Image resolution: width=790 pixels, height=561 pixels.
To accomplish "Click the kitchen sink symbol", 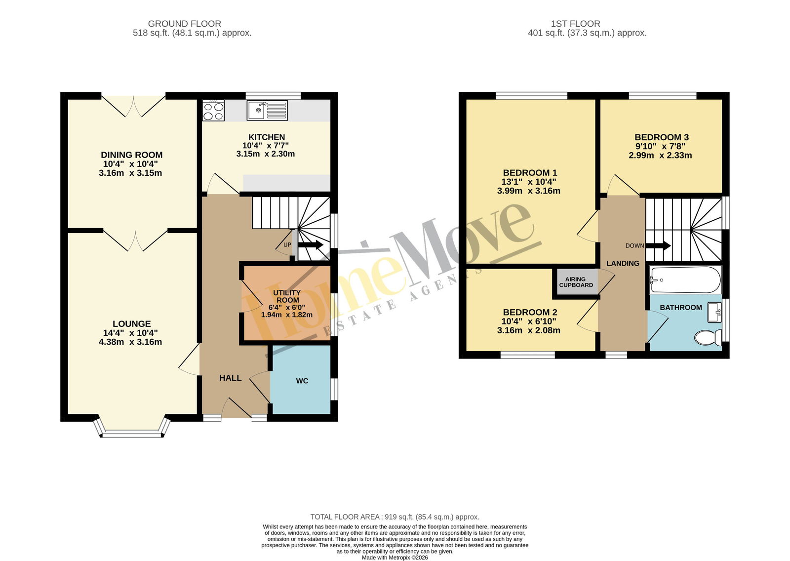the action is tap(267, 111).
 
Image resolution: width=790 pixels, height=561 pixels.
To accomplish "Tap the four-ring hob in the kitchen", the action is tap(213, 111).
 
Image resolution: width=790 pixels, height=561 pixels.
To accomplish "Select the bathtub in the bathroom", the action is tap(685, 280).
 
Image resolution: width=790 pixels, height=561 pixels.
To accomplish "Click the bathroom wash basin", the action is tap(714, 312).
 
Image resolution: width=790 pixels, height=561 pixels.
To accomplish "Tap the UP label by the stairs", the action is tap(287, 244).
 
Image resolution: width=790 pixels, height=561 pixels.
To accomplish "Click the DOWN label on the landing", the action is tap(635, 245).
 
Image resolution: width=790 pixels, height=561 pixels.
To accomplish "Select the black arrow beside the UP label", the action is tap(311, 245).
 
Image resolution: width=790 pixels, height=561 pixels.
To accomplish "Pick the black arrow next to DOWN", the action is tap(658, 245).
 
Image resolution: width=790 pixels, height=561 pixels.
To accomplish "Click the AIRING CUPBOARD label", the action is tap(576, 282).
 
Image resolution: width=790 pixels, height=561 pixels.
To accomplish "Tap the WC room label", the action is tap(302, 381).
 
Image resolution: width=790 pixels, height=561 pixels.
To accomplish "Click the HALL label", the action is tap(230, 378).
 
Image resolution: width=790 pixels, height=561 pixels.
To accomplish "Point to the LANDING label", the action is tap(623, 263).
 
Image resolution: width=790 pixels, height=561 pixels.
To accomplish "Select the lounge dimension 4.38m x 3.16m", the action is tap(130, 342).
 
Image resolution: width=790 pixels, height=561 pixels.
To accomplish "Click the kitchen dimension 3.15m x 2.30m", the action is tap(266, 154).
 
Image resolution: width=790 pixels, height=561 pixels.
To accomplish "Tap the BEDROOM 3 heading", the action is tap(662, 137).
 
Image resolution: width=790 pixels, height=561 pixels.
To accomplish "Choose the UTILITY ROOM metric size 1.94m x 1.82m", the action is tap(287, 315).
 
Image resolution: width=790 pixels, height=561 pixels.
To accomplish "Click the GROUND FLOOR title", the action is tap(185, 24).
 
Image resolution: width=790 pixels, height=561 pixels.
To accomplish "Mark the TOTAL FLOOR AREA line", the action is tap(395, 517).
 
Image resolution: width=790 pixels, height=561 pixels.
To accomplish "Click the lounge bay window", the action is tap(132, 431).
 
